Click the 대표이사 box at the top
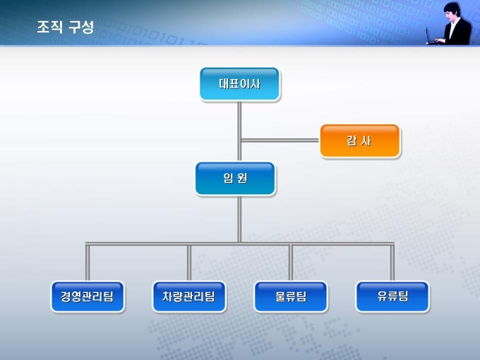239,84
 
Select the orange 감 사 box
359,140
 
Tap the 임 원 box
235,179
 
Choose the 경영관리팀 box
88,296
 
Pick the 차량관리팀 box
189,296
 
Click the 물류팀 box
291,296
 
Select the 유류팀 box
392,296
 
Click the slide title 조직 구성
65,28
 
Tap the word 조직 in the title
49,28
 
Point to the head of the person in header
452,11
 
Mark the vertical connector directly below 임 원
239,219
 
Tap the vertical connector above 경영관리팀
88,263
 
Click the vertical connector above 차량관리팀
189,263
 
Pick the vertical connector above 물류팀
290,263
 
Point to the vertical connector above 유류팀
392,263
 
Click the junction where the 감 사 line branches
240,140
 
